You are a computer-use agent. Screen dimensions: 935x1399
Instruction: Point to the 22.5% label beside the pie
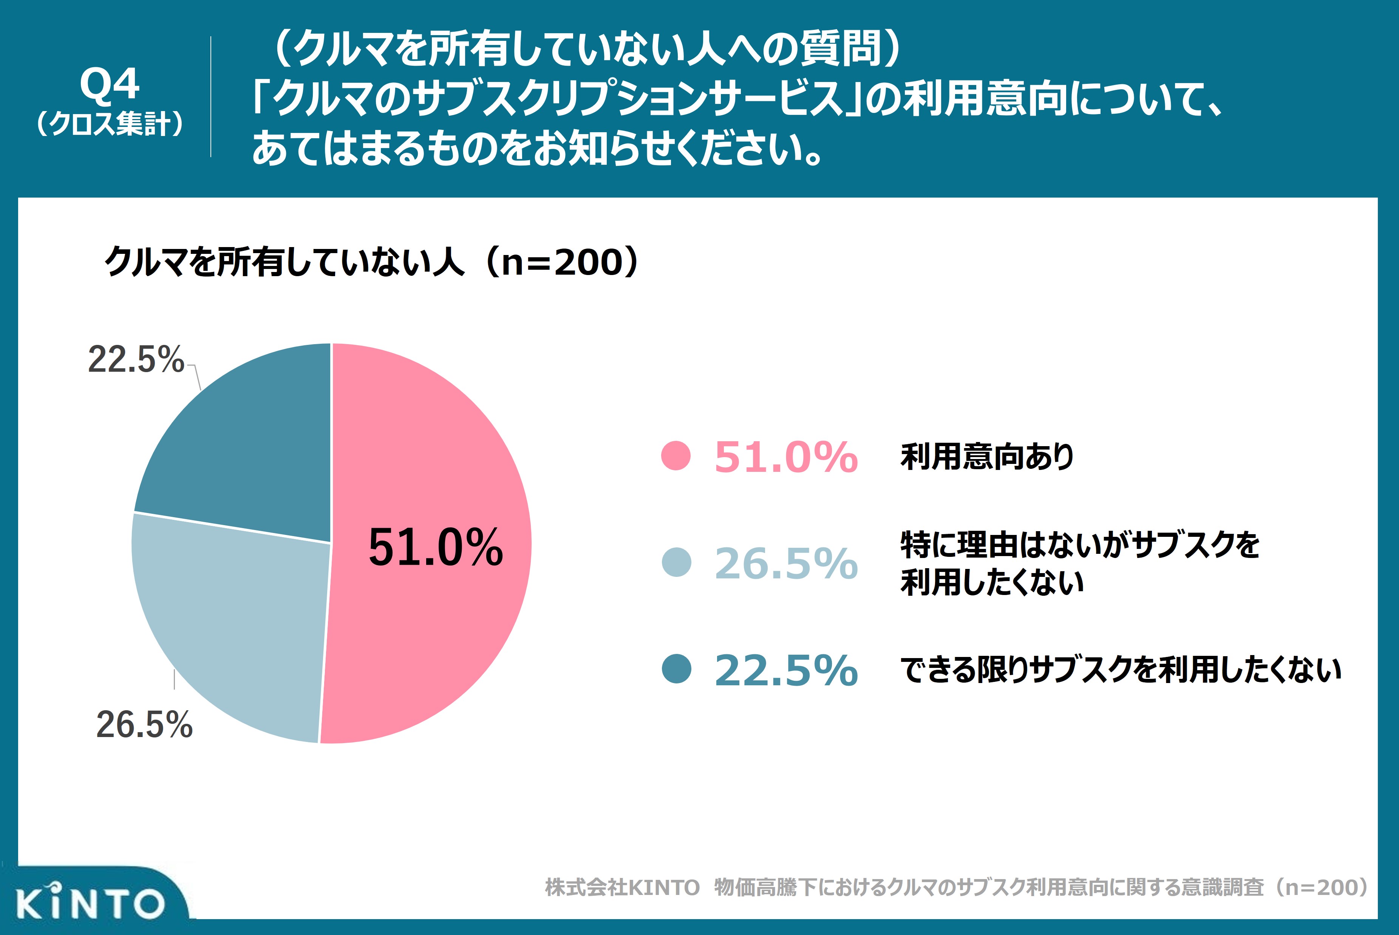(136, 360)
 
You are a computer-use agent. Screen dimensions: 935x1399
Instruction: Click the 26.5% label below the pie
(144, 725)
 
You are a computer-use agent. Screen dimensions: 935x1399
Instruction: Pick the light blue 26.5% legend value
(786, 564)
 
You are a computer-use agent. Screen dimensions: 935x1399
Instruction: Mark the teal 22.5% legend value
(786, 670)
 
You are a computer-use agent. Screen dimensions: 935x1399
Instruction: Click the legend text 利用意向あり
(987, 457)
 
